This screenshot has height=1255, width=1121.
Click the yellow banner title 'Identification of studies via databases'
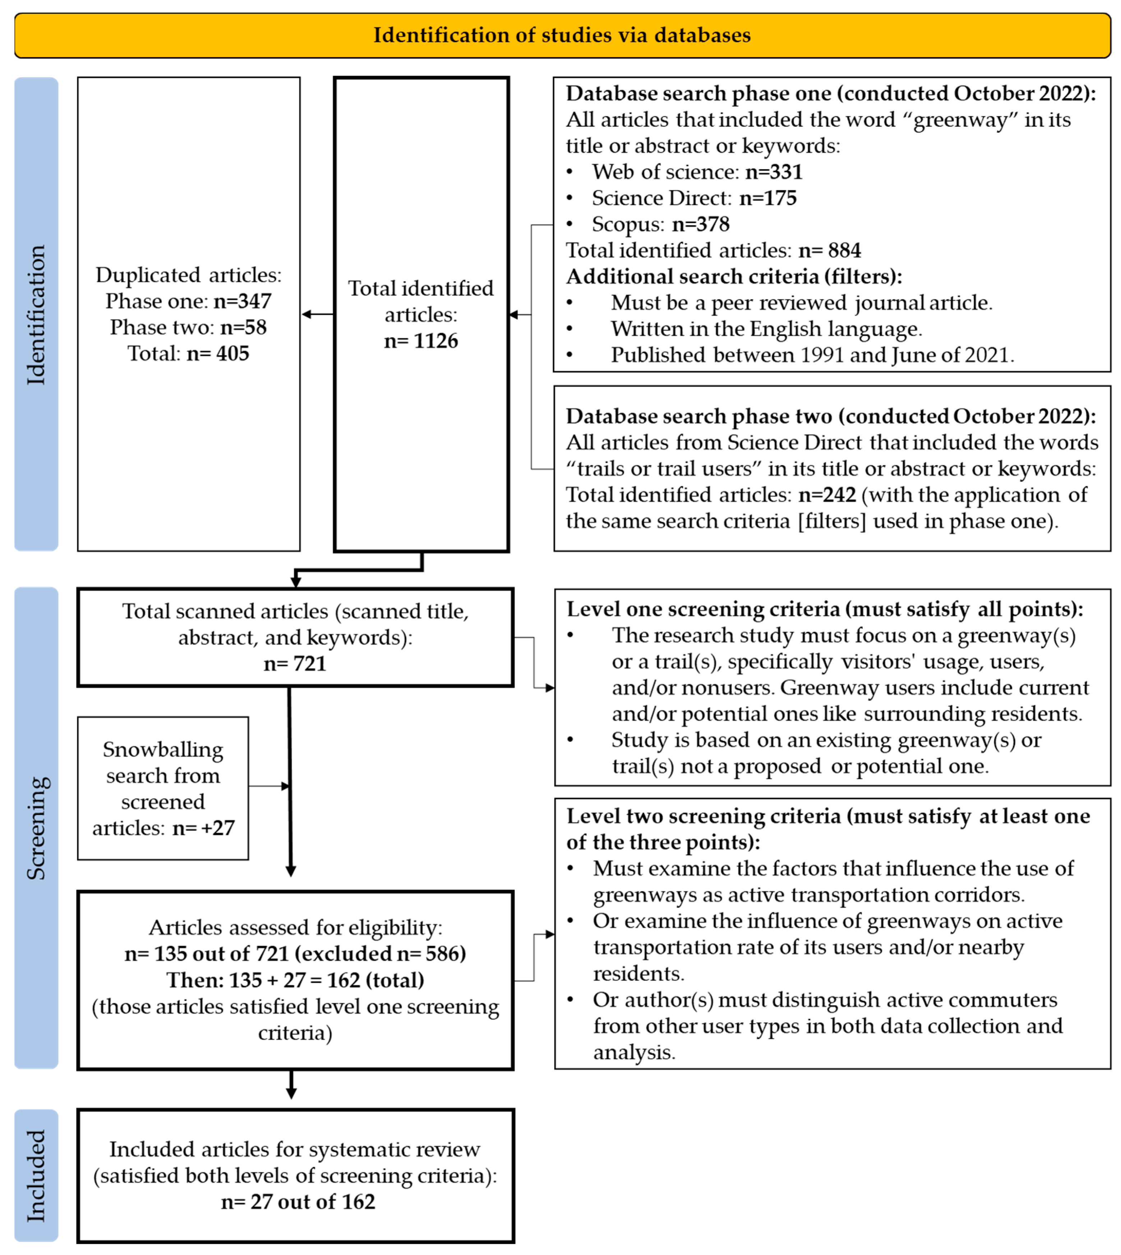(x=562, y=35)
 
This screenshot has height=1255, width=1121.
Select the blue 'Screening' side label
(x=36, y=828)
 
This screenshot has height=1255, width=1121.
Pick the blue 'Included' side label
(x=36, y=1175)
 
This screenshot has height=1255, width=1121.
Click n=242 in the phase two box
(x=827, y=494)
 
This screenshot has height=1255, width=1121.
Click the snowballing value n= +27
(x=203, y=828)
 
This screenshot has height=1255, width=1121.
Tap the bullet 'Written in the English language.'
(x=766, y=329)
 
